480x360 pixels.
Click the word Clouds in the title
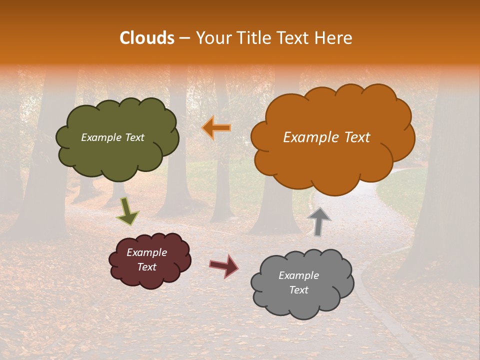pos(147,38)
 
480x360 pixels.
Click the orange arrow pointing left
pos(216,128)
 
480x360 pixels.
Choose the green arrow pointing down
pos(127,212)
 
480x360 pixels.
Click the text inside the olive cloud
pos(112,137)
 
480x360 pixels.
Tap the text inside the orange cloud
pos(326,137)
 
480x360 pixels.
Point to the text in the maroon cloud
pos(146,259)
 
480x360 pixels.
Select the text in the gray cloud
pos(298,282)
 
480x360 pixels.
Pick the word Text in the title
pos(295,38)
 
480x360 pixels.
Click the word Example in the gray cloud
pos(298,275)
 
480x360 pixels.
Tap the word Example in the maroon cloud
pos(146,252)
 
